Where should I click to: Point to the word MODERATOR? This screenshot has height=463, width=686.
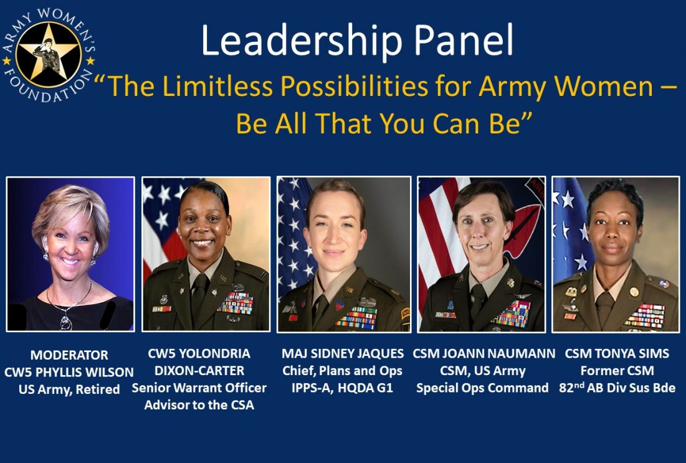pos(69,355)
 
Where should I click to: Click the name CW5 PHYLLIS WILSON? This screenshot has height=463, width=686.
pos(69,373)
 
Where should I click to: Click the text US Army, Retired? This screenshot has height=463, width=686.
pos(69,390)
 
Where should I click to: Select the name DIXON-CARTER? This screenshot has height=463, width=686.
pos(199,371)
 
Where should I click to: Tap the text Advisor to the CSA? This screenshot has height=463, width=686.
pos(199,405)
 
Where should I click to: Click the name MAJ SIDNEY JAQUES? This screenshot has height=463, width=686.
pos(343,354)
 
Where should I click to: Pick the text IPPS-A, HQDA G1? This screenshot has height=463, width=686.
pos(343,388)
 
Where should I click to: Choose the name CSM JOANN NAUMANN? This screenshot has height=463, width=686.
pos(484,354)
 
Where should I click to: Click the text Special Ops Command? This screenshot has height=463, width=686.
pos(482,388)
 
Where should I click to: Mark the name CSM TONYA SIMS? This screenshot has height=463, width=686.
pos(617,354)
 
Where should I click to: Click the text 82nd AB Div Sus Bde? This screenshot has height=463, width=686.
pos(617,388)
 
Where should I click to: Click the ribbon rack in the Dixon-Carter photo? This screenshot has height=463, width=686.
pos(236,303)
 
